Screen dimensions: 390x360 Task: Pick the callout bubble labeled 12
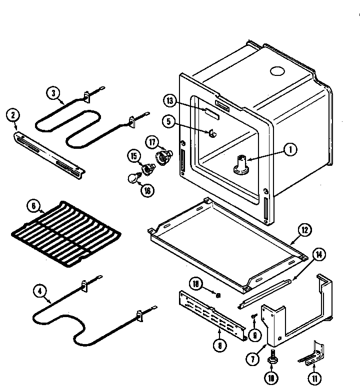(x=304, y=231)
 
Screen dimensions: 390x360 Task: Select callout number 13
(x=170, y=101)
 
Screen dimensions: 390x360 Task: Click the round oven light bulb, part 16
(x=132, y=177)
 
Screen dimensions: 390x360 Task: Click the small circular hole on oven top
(x=276, y=71)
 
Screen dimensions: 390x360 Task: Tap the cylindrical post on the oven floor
(x=240, y=165)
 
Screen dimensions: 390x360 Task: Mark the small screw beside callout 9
(x=254, y=316)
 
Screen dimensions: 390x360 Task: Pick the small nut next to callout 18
(x=218, y=295)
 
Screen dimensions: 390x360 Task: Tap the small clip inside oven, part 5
(x=212, y=133)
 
